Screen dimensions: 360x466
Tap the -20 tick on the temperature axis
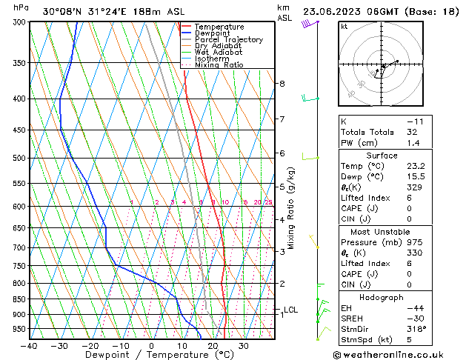tap(90, 346)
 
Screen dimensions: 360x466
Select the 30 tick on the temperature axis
tap(244, 346)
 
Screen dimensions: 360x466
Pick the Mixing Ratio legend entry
tap(219, 65)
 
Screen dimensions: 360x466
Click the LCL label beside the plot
tap(290, 310)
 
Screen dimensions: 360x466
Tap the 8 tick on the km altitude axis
tap(282, 84)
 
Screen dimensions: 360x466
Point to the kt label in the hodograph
tap(344, 27)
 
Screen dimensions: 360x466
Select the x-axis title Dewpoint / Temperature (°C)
tap(151, 356)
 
